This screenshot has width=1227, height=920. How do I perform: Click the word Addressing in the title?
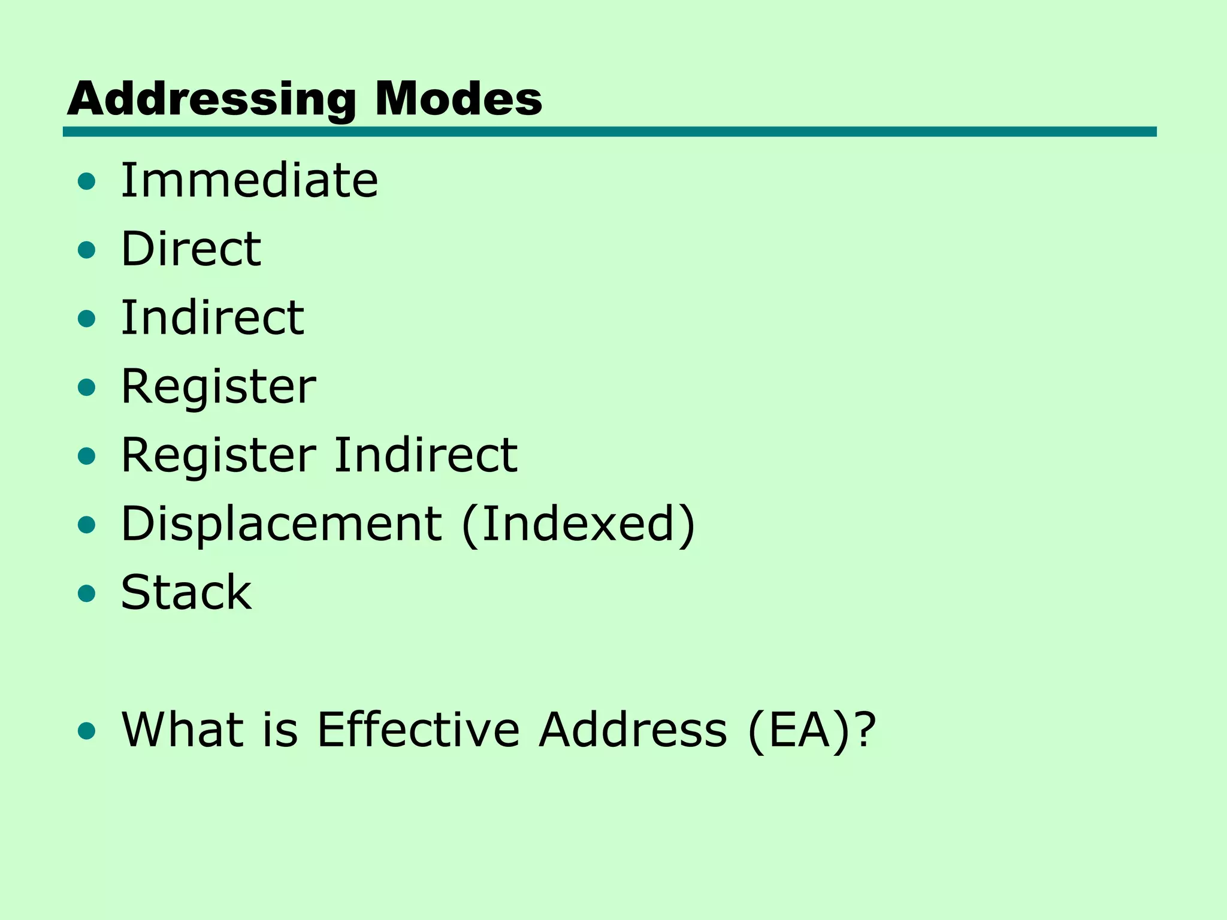211,99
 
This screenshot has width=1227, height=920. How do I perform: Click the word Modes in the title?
458,99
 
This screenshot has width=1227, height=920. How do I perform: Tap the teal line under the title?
609,132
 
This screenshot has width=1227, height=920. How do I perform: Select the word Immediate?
249,180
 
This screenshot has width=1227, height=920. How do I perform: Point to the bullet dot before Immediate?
87,181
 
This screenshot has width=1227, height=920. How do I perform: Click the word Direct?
191,249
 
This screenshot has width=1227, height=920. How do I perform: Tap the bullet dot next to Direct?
87,250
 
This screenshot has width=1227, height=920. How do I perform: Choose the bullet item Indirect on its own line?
212,317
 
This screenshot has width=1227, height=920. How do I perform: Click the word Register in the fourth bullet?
218,387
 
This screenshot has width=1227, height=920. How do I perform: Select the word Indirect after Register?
425,455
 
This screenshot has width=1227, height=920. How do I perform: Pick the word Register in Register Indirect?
218,455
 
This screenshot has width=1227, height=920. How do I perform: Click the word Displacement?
281,524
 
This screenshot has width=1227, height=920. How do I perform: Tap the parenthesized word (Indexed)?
578,524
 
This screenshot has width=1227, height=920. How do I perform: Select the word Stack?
186,593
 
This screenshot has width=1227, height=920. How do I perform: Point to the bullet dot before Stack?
87,594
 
